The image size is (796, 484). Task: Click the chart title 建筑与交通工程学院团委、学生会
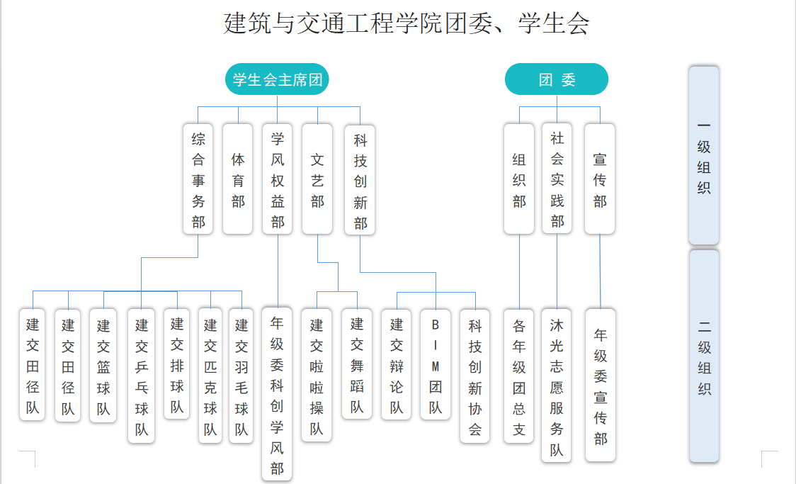406,23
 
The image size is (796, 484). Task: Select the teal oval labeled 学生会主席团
277,79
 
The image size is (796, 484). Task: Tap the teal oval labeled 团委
557,79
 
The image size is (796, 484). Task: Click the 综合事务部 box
198,180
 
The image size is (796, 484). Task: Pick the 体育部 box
238,180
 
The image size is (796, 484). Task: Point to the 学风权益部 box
278,180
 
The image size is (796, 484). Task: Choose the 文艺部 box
317,180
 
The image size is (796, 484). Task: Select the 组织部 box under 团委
519,180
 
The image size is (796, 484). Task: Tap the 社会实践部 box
557,180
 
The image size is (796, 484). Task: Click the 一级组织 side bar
704,156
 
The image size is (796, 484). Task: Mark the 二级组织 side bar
704,356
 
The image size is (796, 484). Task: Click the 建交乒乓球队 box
142,376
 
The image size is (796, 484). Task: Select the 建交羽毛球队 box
241,376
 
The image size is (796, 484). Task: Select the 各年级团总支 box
519,376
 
